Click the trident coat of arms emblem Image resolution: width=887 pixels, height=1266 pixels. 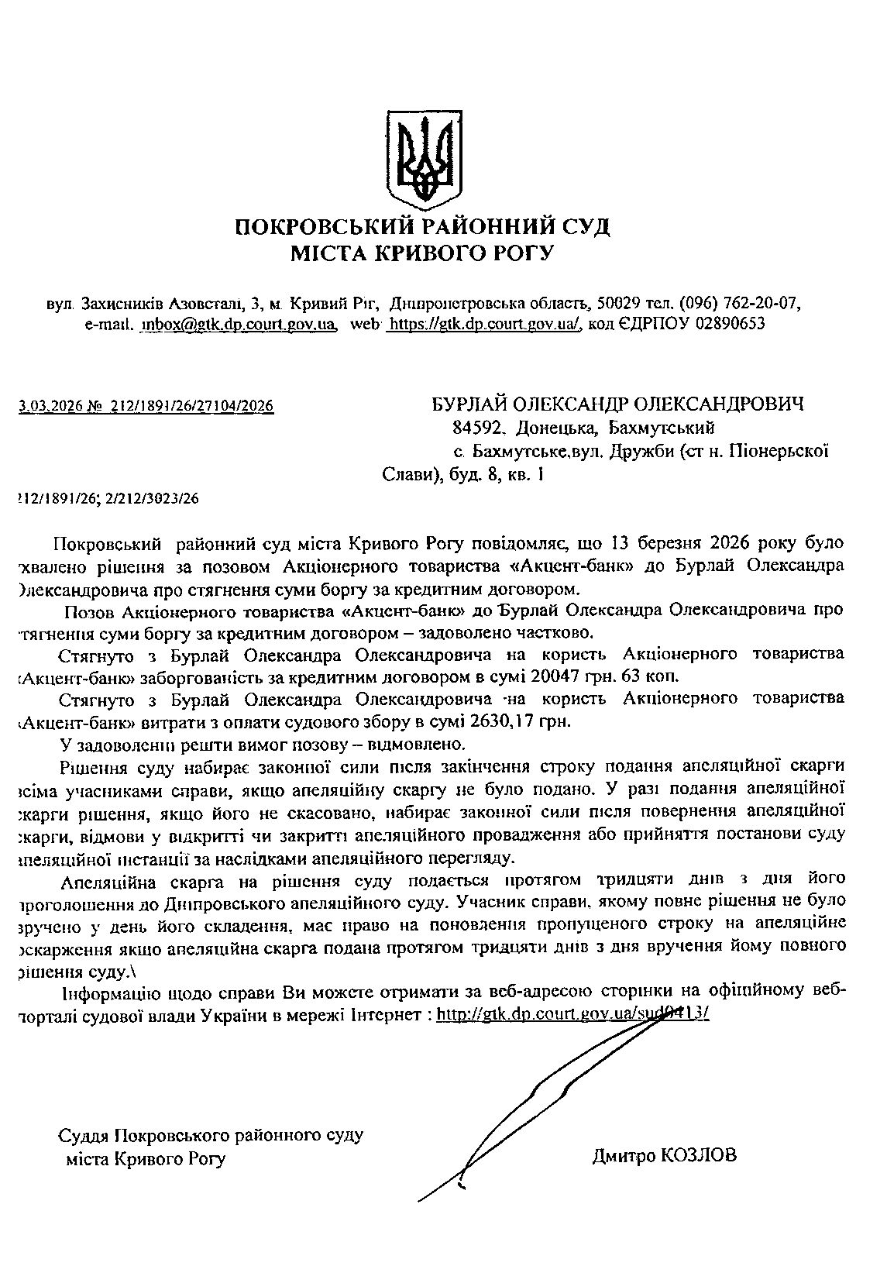pyautogui.click(x=424, y=158)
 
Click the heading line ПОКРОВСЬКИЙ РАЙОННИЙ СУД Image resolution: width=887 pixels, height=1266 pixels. pyautogui.click(x=423, y=228)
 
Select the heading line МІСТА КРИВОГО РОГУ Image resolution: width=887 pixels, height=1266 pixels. pyautogui.click(x=423, y=253)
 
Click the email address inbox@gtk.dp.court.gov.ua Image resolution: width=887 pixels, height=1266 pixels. pyautogui.click(x=238, y=324)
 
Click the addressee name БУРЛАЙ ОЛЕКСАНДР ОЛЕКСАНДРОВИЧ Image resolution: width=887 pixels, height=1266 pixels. pyautogui.click(x=617, y=404)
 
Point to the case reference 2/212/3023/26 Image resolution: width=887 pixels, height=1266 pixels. pyautogui.click(x=152, y=499)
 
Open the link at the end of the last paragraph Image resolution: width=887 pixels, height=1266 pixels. pyautogui.click(x=573, y=1014)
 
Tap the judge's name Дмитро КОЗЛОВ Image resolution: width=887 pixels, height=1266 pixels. pyautogui.click(x=665, y=1157)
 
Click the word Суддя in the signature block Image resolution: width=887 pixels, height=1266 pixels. pyautogui.click(x=84, y=1137)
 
